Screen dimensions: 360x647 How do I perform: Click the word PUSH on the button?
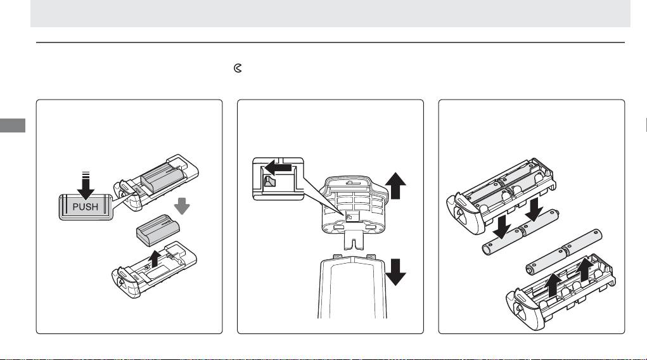pyautogui.click(x=86, y=207)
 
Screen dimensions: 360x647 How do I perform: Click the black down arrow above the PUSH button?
pyautogui.click(x=86, y=184)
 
